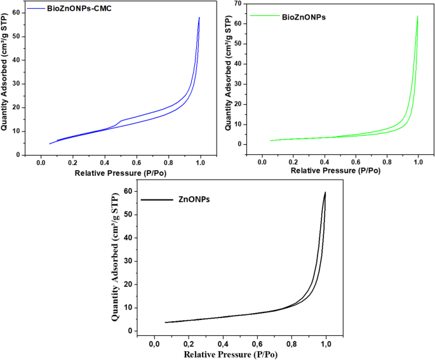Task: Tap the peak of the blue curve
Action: click(x=199, y=18)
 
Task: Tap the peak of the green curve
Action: click(x=417, y=17)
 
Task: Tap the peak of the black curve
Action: click(x=325, y=192)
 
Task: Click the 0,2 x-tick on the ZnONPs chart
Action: click(x=189, y=343)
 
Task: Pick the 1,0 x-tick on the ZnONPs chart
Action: click(x=326, y=343)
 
